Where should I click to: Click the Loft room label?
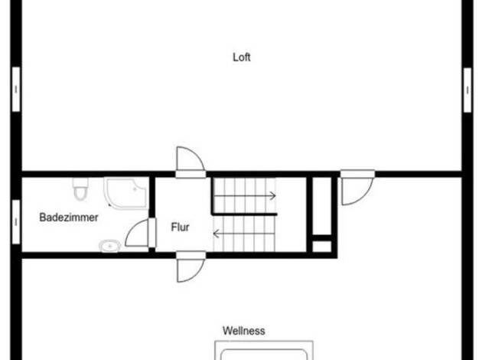(x=242, y=57)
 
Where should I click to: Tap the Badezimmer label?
(x=69, y=218)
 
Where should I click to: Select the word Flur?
(x=180, y=227)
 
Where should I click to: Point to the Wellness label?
(x=244, y=331)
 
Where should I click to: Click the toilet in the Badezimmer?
(x=80, y=189)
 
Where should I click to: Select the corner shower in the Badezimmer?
(x=125, y=193)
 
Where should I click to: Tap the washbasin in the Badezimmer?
(x=109, y=246)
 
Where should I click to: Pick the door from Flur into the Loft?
(x=191, y=162)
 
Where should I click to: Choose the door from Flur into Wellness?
(x=191, y=267)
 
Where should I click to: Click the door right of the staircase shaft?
(x=357, y=187)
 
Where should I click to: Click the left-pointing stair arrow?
(x=244, y=234)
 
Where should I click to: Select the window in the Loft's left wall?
(x=16, y=90)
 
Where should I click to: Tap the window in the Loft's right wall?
(x=468, y=90)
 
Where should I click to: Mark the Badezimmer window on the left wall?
(x=16, y=222)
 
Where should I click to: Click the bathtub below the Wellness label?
(x=264, y=351)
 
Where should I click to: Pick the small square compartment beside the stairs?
(x=322, y=247)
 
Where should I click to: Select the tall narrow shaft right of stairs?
(x=322, y=206)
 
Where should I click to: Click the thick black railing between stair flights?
(x=244, y=214)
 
